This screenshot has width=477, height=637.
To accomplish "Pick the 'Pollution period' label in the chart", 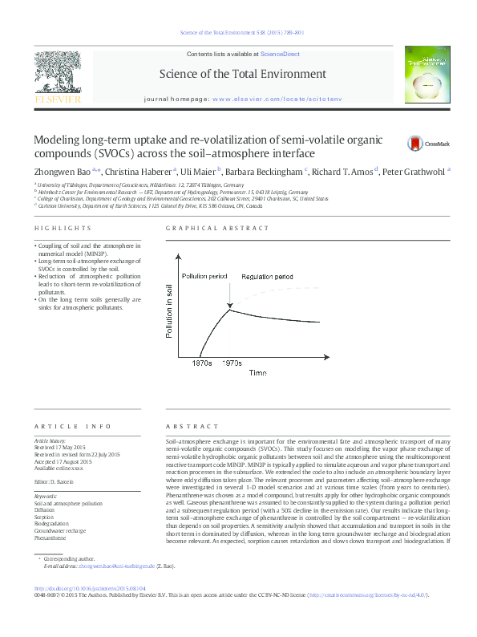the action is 204,276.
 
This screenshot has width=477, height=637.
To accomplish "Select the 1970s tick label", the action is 232,363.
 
